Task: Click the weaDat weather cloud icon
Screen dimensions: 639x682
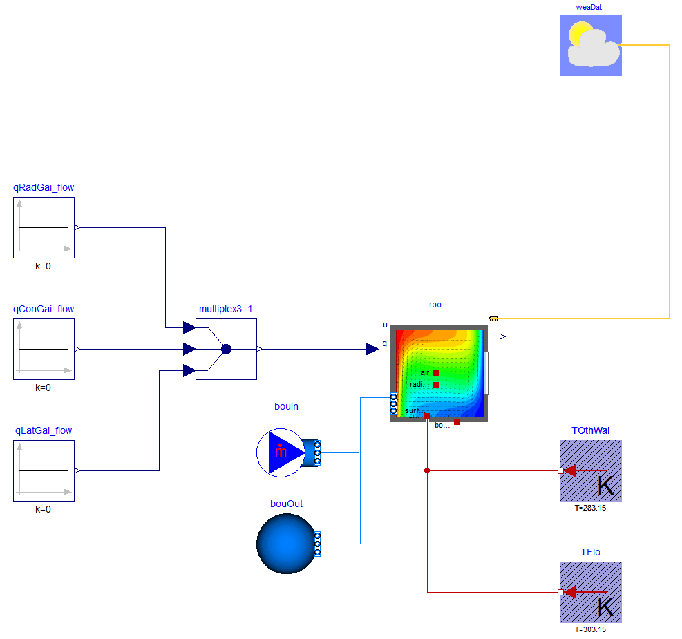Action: [x=591, y=45]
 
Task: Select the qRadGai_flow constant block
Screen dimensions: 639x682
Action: [x=44, y=227]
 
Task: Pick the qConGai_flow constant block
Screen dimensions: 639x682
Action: [x=44, y=349]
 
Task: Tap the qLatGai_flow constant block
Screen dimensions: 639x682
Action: [x=44, y=470]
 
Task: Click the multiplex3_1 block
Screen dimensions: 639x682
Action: [x=226, y=349]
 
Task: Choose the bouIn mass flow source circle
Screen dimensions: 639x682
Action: [x=280, y=452]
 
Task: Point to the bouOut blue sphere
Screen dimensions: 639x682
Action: [x=285, y=544]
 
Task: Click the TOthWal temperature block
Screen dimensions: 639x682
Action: [x=591, y=470]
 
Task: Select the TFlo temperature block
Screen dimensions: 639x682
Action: [x=591, y=592]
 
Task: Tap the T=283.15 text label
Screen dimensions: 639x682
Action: [x=591, y=508]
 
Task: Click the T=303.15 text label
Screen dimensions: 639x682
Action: [x=591, y=629]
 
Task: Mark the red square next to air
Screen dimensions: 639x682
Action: [x=436, y=373]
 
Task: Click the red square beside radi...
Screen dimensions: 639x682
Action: [x=436, y=385]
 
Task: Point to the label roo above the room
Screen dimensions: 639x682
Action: [x=435, y=305]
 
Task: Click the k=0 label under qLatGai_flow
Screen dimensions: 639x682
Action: [x=44, y=509]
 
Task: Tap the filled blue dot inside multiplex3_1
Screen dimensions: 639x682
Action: [x=226, y=350]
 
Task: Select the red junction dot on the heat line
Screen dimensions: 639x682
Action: [x=427, y=470]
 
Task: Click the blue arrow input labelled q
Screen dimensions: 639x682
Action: [x=372, y=350]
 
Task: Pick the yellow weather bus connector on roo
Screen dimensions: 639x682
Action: [x=493, y=318]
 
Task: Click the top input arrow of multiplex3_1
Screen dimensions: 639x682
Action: [x=189, y=327]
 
